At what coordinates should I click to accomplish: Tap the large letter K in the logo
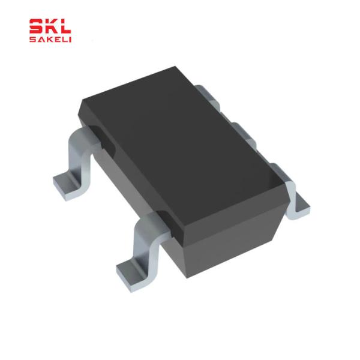coord(50,26)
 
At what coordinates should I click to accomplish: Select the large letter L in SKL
coord(64,26)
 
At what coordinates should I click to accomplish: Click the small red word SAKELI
coord(50,40)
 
